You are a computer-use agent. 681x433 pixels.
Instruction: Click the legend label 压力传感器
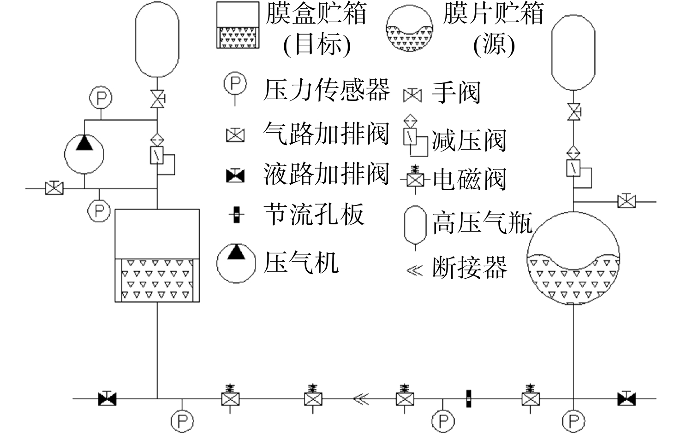point(327,90)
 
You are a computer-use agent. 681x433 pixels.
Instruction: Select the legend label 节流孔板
point(314,215)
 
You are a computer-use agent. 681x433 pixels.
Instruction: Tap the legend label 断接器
point(470,267)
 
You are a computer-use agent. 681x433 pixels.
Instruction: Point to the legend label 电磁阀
point(470,179)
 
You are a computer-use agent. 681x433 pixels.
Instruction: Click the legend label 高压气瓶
point(483,223)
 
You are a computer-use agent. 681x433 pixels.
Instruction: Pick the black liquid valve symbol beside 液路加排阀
point(235,176)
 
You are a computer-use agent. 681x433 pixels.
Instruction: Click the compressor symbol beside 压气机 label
point(236,263)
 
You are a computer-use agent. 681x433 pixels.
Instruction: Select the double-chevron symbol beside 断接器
point(415,270)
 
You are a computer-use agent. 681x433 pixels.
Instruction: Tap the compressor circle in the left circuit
point(84,154)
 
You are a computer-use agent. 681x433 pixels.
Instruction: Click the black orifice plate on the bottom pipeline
point(468,398)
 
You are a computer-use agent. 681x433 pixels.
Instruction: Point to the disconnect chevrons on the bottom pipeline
point(361,399)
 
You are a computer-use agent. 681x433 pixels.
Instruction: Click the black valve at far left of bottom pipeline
point(108,398)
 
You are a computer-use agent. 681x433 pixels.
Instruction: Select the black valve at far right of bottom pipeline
point(626,398)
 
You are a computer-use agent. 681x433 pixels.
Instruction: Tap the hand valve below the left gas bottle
point(157,99)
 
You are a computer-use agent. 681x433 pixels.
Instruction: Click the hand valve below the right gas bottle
point(573,112)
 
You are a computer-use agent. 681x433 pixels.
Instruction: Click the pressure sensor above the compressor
point(101,98)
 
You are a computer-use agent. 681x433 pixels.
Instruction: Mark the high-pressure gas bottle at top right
point(573,53)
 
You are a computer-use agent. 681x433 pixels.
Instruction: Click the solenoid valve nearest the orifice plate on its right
point(531,398)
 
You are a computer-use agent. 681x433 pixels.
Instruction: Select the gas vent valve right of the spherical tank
point(627,201)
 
